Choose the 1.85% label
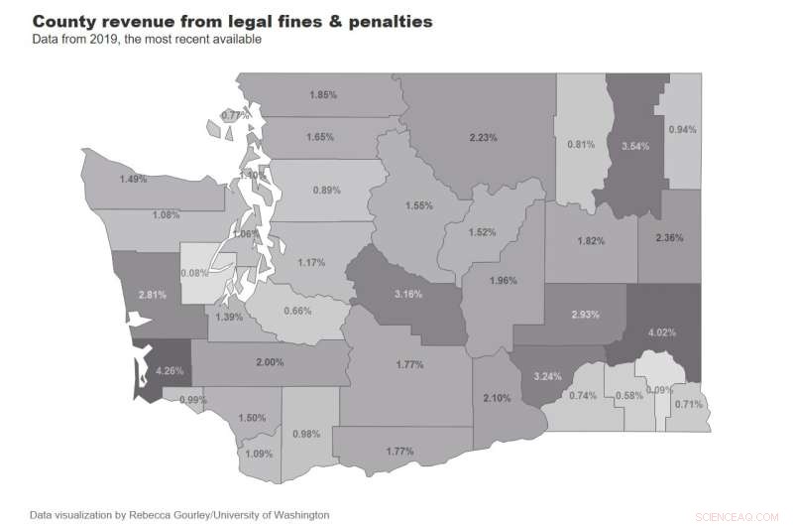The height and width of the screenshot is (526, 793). pyautogui.click(x=323, y=94)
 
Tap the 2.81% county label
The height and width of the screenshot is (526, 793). pyautogui.click(x=152, y=295)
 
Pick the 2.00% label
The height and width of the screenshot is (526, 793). pyautogui.click(x=269, y=364)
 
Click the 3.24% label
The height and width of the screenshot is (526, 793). pyautogui.click(x=547, y=377)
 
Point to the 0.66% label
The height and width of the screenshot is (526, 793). pyautogui.click(x=297, y=311)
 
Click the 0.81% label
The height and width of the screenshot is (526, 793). pyautogui.click(x=581, y=145)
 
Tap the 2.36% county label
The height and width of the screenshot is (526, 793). pyautogui.click(x=670, y=237)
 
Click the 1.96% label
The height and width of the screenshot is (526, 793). pyautogui.click(x=504, y=281)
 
